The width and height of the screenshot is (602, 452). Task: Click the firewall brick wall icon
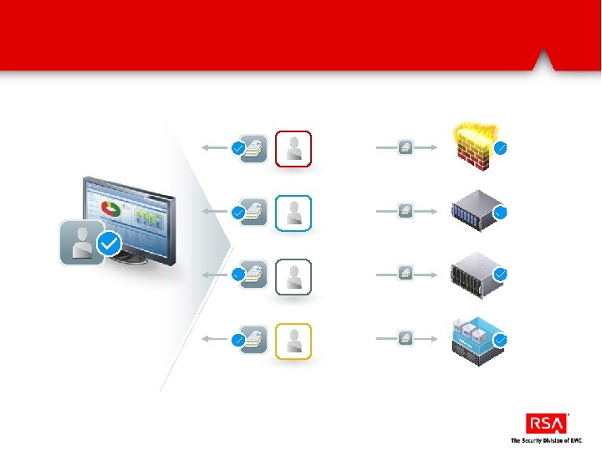(x=475, y=145)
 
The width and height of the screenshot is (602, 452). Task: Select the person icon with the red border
(x=293, y=149)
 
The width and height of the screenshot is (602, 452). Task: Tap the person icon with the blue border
(x=293, y=213)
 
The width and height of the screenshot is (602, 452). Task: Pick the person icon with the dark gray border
(x=293, y=277)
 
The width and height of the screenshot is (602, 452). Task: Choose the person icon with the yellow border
(x=293, y=342)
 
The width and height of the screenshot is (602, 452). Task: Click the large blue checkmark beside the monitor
(x=110, y=244)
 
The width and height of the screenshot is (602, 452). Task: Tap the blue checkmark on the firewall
(x=501, y=148)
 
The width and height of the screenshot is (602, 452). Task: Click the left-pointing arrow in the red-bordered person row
(x=215, y=148)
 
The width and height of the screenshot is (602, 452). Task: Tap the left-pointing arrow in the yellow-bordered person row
(x=215, y=340)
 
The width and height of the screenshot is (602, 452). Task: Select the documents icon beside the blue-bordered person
(x=254, y=213)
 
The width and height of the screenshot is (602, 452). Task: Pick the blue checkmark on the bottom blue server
(x=501, y=341)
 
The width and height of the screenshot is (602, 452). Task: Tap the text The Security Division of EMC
(x=546, y=440)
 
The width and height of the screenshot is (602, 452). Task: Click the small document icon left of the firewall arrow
(x=406, y=148)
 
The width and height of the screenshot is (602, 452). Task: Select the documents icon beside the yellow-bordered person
(x=254, y=340)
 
